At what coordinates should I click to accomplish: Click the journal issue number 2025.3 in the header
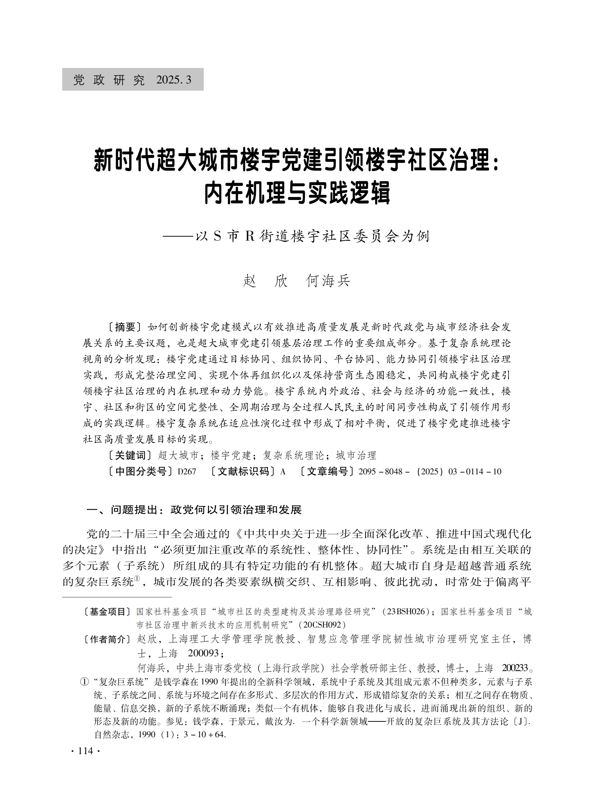tap(174, 80)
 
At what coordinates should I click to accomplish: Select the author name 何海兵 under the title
tap(328, 281)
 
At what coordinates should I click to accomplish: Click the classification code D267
tap(187, 472)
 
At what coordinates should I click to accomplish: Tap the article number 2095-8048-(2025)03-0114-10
tap(430, 472)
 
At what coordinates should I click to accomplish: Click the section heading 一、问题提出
tap(122, 510)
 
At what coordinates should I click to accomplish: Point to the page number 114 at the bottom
tap(85, 751)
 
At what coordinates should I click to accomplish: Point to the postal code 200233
tap(515, 668)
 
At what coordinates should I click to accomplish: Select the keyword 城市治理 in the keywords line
tap(356, 456)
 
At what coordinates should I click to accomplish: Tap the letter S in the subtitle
tap(217, 236)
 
